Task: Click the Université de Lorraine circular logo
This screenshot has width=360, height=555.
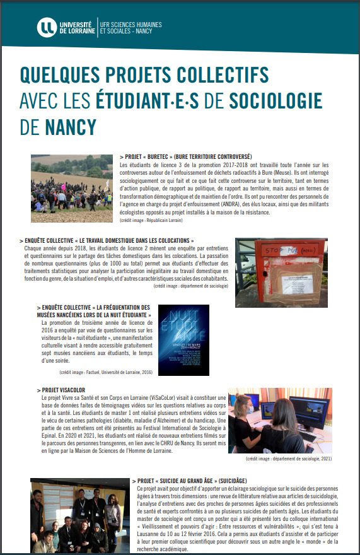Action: click(47, 27)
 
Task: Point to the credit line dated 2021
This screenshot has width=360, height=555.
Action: click(288, 459)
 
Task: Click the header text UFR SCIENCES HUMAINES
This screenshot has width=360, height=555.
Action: click(132, 24)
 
